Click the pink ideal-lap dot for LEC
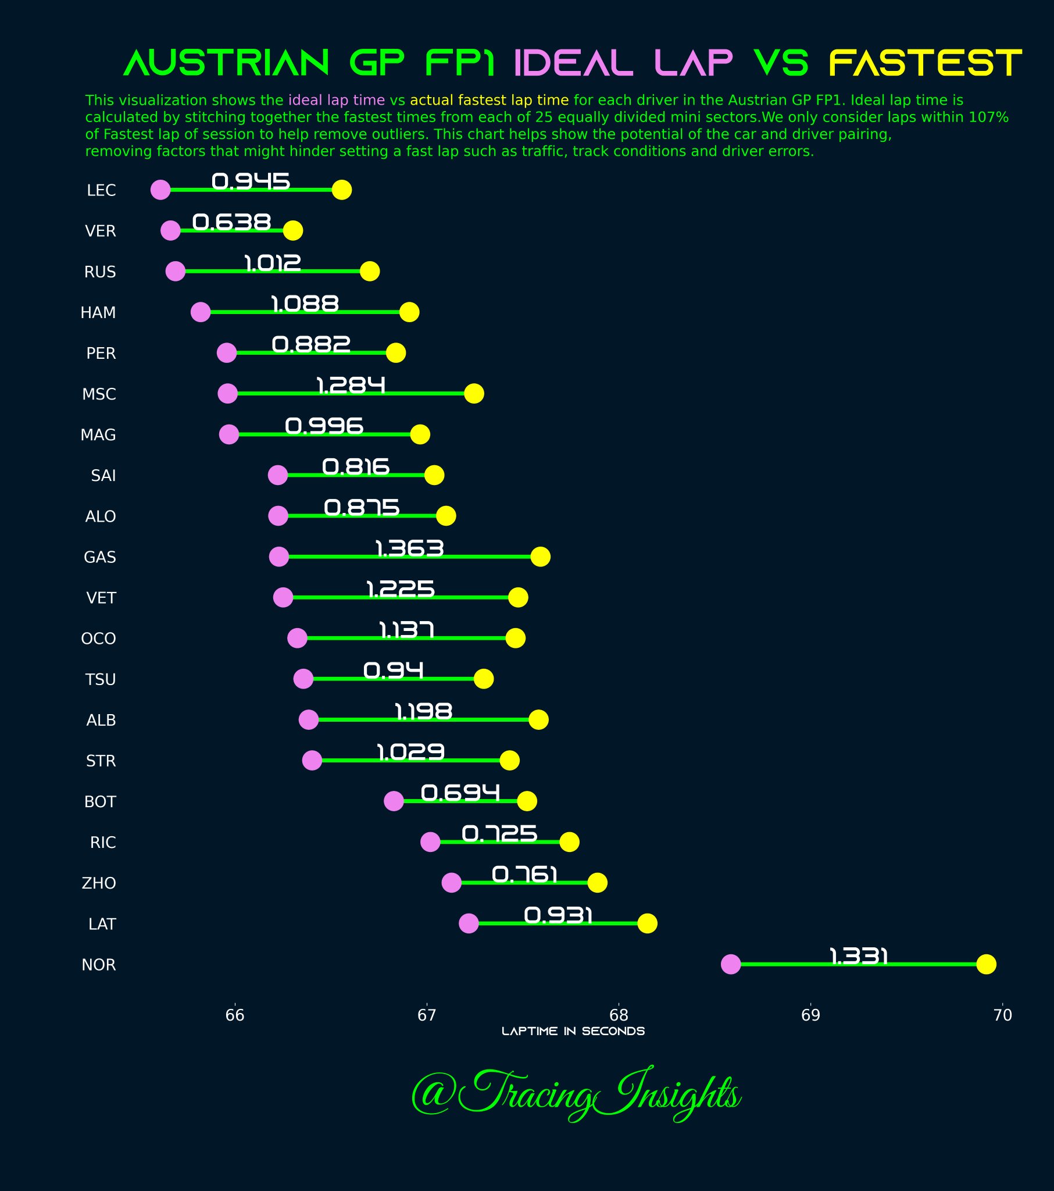click(x=160, y=190)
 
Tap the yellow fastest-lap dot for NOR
click(x=986, y=964)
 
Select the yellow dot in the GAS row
click(x=540, y=557)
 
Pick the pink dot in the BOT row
click(x=394, y=801)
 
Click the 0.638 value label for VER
click(x=232, y=222)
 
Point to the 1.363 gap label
click(x=410, y=548)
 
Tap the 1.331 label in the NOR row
click(x=858, y=956)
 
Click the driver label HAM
click(x=98, y=313)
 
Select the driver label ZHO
click(x=99, y=883)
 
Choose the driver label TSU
click(x=101, y=679)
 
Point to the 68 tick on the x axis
click(x=618, y=1015)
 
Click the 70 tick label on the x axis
click(x=1002, y=1015)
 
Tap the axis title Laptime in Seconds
click(x=573, y=1031)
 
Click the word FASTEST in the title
click(x=926, y=63)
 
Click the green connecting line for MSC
click(x=349, y=394)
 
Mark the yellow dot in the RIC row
click(x=569, y=842)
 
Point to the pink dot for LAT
click(x=469, y=923)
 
